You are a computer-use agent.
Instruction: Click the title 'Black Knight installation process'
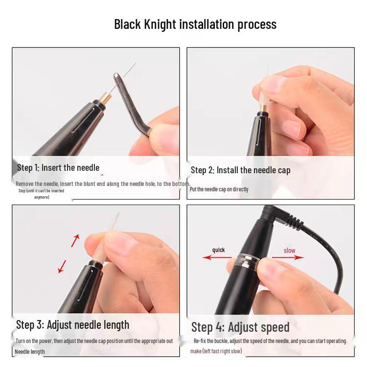coord(195,24)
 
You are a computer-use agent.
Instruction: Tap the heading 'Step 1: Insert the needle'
coord(58,168)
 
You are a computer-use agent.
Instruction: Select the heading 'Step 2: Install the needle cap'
coord(240,170)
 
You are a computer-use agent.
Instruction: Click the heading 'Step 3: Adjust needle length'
coord(72,325)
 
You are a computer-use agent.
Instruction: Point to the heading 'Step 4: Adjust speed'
coord(240,327)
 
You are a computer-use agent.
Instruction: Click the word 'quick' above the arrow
coord(218,250)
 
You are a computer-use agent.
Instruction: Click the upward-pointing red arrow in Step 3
coord(75,240)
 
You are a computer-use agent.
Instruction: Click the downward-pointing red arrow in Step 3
coord(62,266)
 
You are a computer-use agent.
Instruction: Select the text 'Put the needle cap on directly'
coord(219,189)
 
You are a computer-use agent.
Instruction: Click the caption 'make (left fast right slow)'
coord(216,351)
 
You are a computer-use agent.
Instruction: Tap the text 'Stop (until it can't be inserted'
coord(41,191)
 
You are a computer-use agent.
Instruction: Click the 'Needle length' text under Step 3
coord(30,352)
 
